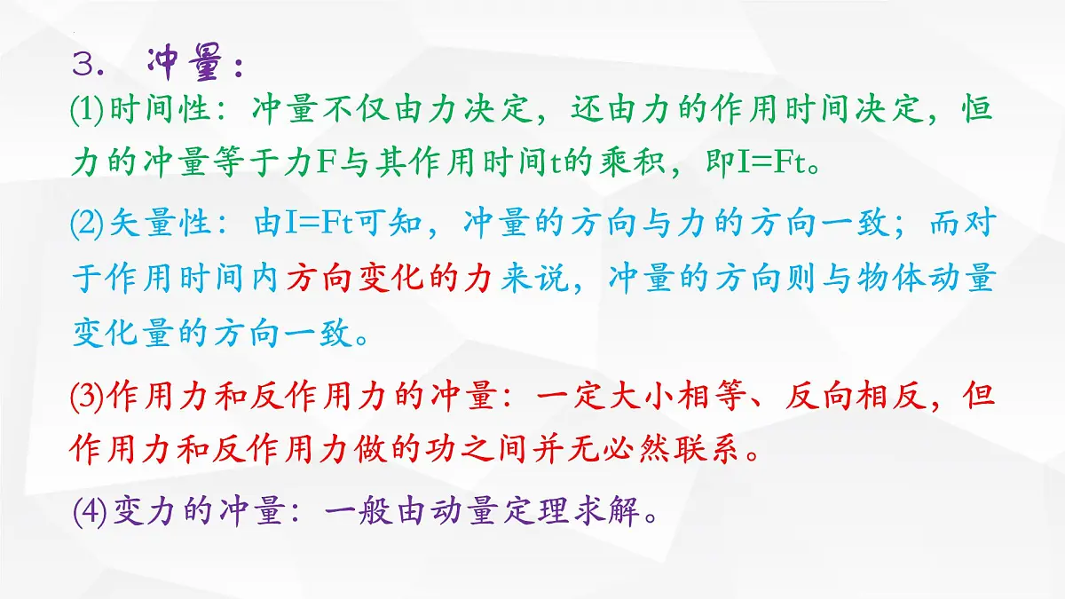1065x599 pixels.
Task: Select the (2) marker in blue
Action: (x=88, y=225)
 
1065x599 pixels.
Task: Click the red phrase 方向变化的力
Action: (x=387, y=280)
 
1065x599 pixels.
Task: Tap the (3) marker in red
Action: (x=88, y=396)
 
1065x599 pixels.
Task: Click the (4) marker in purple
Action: (x=88, y=512)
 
